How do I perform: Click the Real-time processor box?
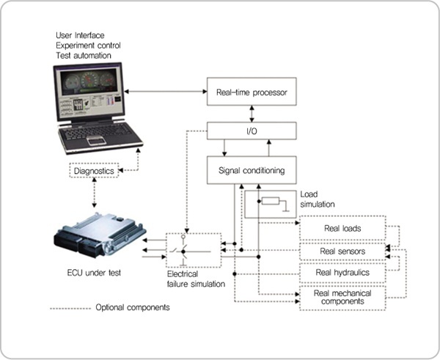tap(252, 93)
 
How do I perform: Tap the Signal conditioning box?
tap(252, 171)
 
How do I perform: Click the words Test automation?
tap(84, 55)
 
